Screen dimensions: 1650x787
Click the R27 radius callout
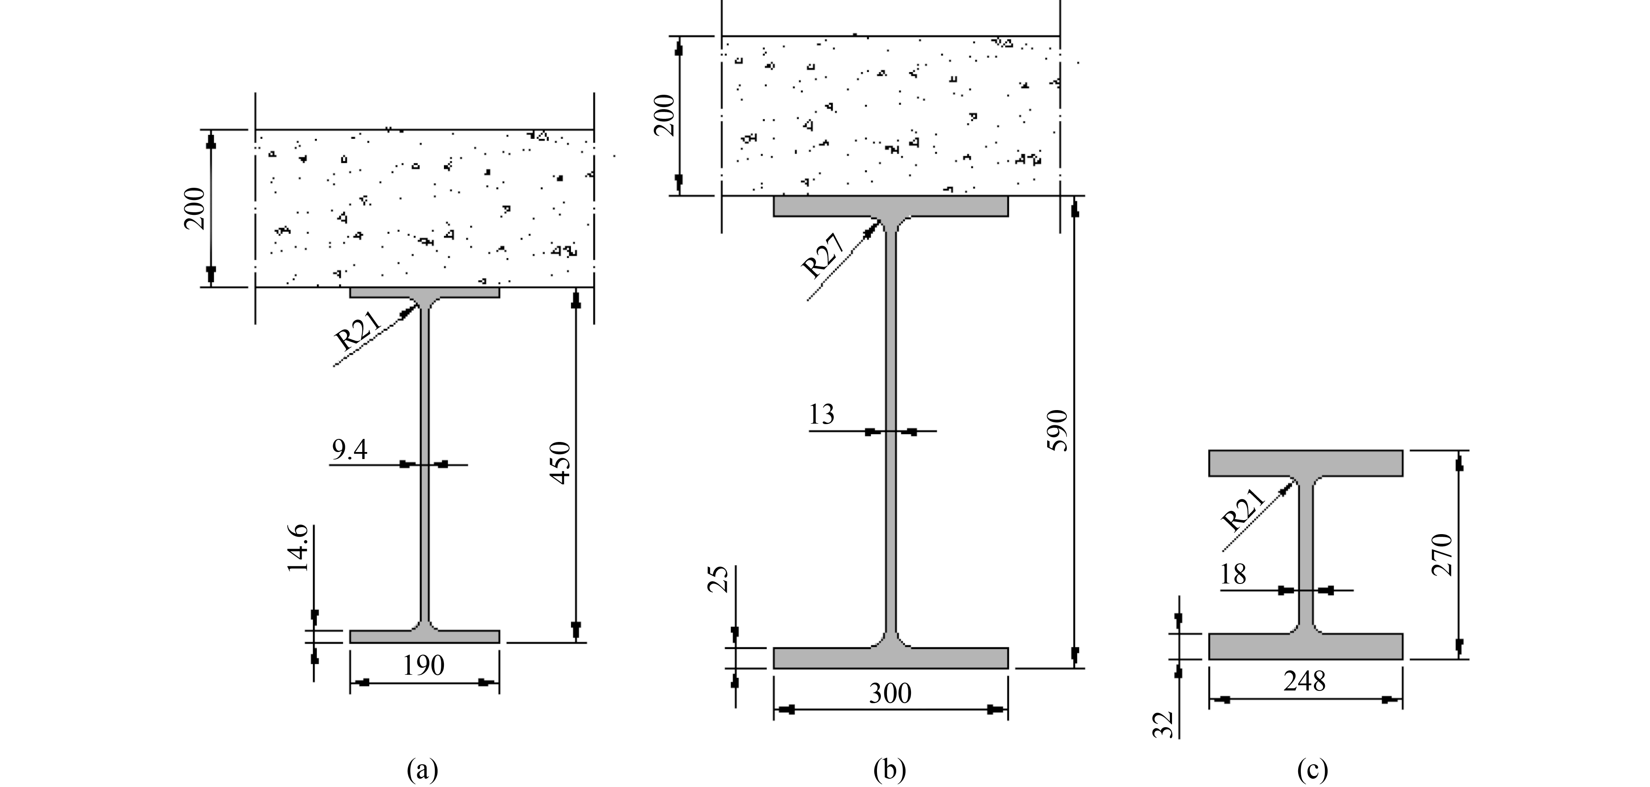pyautogui.click(x=825, y=256)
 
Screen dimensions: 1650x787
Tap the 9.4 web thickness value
pyautogui.click(x=349, y=451)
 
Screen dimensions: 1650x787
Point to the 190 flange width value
pyautogui.click(x=423, y=666)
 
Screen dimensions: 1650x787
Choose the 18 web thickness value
pyautogui.click(x=1233, y=574)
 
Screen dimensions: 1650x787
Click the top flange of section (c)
pyautogui.click(x=1306, y=463)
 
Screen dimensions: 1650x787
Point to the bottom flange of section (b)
pyautogui.click(x=890, y=658)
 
